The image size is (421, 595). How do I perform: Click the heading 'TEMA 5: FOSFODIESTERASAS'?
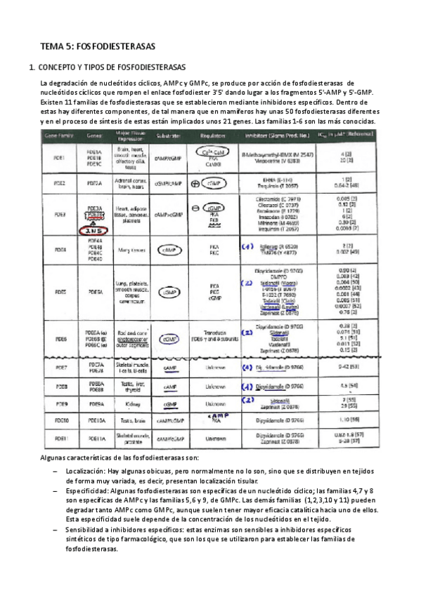(x=98, y=46)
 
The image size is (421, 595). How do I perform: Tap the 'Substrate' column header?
(x=171, y=132)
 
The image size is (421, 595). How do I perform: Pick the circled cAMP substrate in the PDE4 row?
(x=169, y=250)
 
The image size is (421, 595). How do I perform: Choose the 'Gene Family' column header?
(x=60, y=132)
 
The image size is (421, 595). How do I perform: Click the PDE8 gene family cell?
(x=60, y=387)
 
